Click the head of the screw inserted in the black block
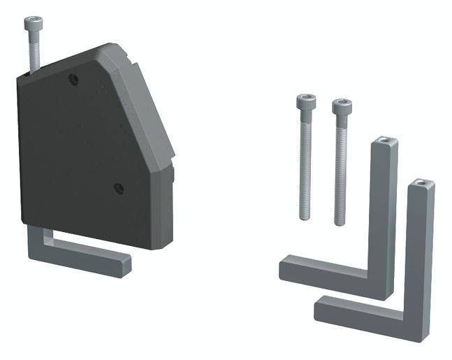32,24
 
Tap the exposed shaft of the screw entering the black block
34,52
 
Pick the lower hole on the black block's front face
118,188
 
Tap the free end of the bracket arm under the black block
124,264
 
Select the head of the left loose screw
305,102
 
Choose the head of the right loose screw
342,107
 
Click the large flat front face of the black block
77,154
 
